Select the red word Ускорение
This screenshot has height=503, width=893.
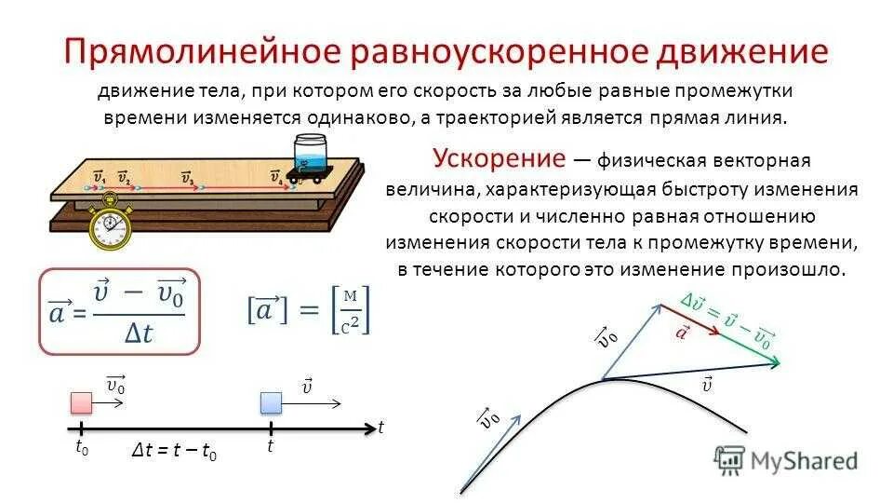coord(499,156)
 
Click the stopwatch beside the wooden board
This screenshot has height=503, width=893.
coord(111,224)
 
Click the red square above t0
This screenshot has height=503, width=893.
coord(83,402)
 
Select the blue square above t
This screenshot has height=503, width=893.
coord(271,402)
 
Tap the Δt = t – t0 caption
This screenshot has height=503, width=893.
coord(174,453)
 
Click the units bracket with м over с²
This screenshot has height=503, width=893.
coord(350,310)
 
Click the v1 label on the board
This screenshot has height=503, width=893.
coord(100,177)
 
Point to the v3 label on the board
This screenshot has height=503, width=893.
coord(187,177)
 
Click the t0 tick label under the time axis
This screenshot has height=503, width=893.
coord(82,447)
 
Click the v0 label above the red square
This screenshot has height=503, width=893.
coord(116,384)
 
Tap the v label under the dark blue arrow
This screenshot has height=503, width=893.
coord(707,383)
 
